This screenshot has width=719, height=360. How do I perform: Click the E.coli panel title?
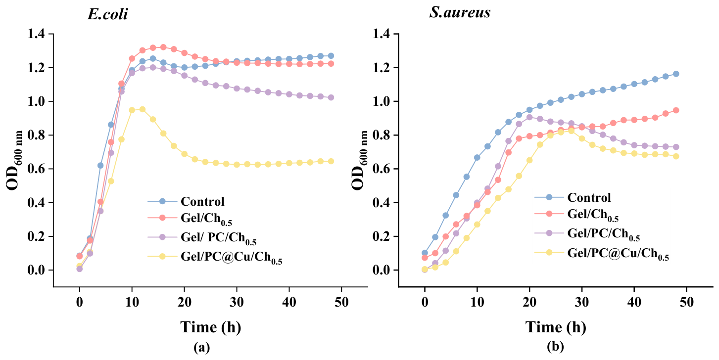107,14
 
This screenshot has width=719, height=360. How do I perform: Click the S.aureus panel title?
460,12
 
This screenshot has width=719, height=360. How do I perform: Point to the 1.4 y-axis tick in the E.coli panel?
36,34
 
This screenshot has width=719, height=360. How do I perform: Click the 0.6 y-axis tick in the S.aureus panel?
382,169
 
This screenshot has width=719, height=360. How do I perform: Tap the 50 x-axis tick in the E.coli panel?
341,302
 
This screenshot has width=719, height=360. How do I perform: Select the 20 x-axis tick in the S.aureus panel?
529,302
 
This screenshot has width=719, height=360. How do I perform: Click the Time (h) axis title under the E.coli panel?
211,327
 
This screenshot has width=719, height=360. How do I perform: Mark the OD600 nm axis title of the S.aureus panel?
359,160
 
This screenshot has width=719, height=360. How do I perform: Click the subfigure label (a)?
201,347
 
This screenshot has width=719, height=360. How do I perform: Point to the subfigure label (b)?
555,347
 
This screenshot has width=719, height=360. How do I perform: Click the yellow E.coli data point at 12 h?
142,109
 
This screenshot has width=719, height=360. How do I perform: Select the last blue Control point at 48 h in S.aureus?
675,74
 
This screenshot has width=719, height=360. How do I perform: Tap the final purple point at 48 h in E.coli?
331,97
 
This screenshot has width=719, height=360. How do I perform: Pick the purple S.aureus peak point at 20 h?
529,117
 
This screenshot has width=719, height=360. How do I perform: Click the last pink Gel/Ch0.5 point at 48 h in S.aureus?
675,110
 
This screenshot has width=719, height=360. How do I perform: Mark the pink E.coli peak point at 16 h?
163,47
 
